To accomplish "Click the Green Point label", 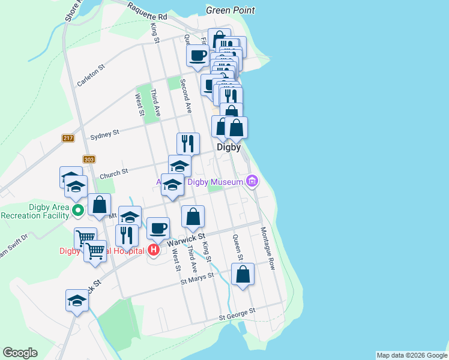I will click(230, 10).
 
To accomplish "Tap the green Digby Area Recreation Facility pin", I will click(77, 211).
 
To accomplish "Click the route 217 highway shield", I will click(67, 139).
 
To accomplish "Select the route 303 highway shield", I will click(89, 159).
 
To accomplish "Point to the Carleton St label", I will click(91, 76).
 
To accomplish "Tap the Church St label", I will click(114, 174).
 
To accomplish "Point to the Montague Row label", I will click(268, 248).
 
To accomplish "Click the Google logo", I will click(20, 353).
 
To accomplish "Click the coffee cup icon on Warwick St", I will click(158, 228).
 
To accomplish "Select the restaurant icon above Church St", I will click(188, 143).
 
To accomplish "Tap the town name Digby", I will click(229, 146).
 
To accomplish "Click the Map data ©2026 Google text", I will click(412, 355).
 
